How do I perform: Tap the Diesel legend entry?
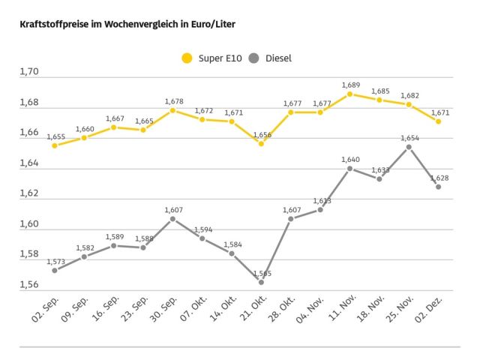[x=271, y=58]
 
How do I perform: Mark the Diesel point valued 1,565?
[x=261, y=282]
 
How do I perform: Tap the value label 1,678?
[x=173, y=100]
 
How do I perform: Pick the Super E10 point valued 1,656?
[x=261, y=143]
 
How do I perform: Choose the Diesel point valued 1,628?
[x=438, y=187]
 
